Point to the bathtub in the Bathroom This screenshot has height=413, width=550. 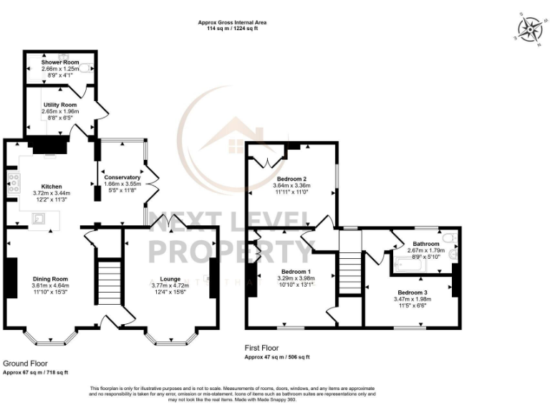click(x=410, y=266)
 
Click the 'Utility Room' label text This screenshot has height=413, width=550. click(x=59, y=105)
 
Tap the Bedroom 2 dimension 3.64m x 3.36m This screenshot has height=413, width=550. click(x=291, y=185)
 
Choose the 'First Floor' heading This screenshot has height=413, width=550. click(x=262, y=347)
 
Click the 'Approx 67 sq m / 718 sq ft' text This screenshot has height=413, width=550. click(x=36, y=373)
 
